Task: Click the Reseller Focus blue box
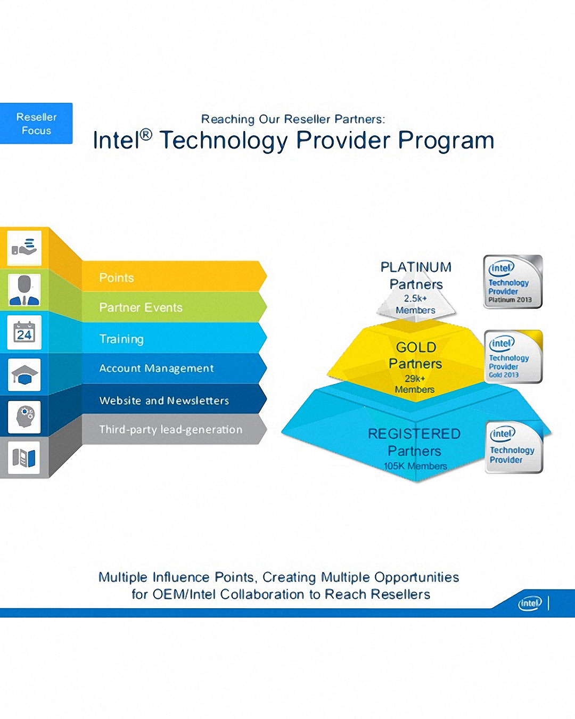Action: (36, 123)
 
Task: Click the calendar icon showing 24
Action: (24, 332)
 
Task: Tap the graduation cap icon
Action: (24, 374)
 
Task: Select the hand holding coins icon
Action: (24, 248)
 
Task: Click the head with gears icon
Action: (24, 416)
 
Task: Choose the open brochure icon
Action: (24, 457)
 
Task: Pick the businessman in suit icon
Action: (24, 290)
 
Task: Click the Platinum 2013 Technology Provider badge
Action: (513, 281)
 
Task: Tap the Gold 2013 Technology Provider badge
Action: (513, 356)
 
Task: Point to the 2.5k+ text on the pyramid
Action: (415, 298)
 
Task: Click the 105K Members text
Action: (415, 465)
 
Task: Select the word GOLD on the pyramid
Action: (416, 347)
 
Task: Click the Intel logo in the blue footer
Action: (530, 603)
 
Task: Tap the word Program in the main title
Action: (446, 140)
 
